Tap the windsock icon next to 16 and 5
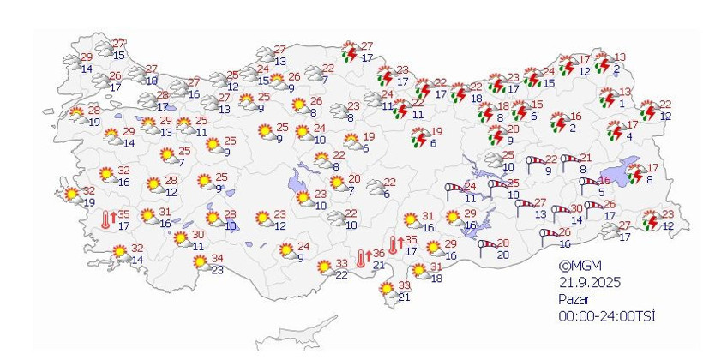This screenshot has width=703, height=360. tap(588, 183)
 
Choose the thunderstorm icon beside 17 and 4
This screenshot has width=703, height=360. tap(615, 130)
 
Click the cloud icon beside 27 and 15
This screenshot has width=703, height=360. tap(104, 50)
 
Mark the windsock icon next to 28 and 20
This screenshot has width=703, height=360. tap(486, 247)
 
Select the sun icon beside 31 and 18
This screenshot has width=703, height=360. tap(420, 272)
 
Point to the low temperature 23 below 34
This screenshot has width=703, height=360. tap(218, 270)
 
